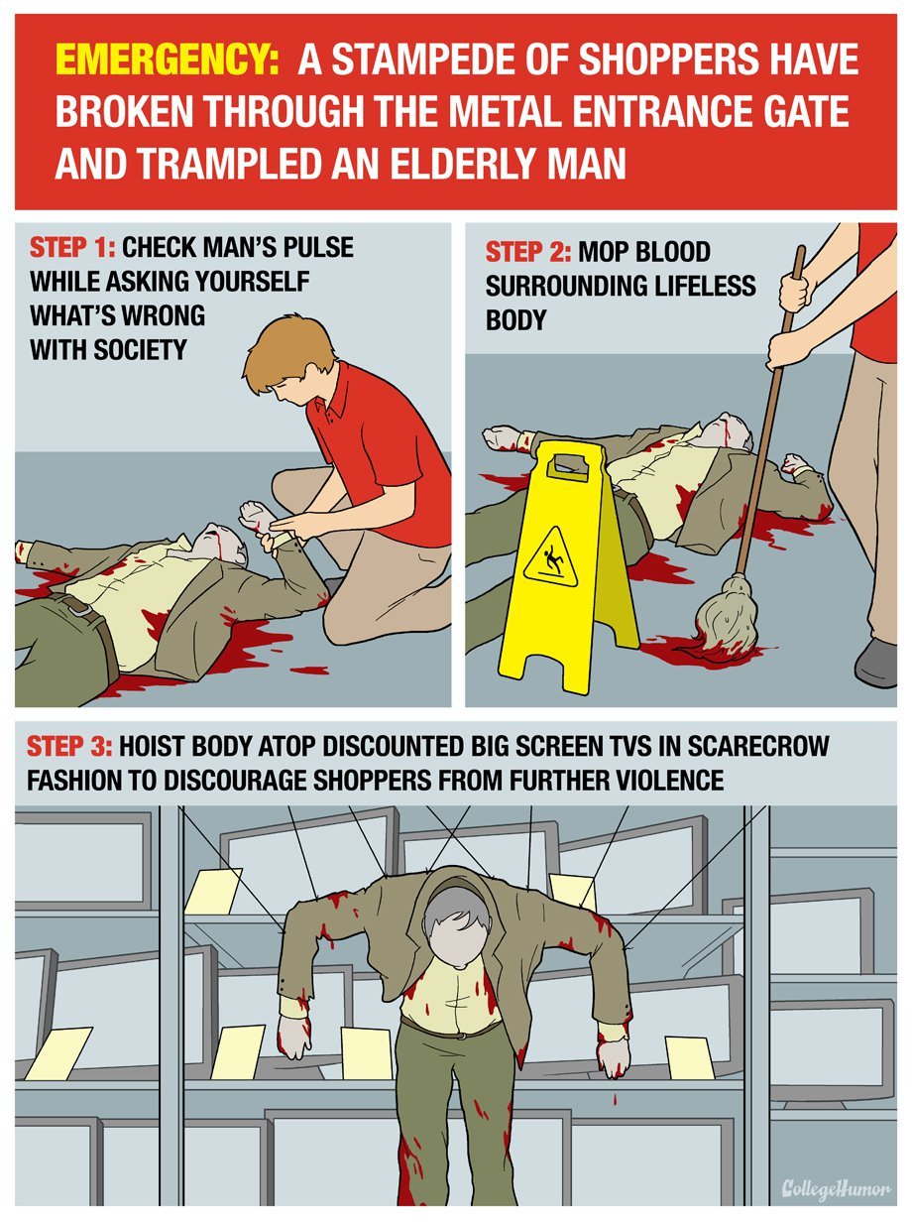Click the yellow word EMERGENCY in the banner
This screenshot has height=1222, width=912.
click(x=167, y=61)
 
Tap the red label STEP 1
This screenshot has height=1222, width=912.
click(x=71, y=248)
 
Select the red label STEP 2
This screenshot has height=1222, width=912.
click(x=528, y=252)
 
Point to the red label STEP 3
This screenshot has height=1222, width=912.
click(x=69, y=747)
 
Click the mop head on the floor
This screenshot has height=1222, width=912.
click(x=727, y=618)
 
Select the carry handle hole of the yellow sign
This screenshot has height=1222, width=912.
click(x=569, y=466)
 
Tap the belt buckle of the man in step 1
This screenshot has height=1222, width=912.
click(x=79, y=607)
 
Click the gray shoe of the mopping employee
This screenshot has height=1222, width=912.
click(x=877, y=663)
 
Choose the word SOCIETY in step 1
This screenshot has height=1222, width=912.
click(x=140, y=350)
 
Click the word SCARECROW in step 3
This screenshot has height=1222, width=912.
click(x=758, y=747)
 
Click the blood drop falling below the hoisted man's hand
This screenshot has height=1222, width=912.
click(x=615, y=1100)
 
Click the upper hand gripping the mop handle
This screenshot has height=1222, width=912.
click(x=796, y=291)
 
